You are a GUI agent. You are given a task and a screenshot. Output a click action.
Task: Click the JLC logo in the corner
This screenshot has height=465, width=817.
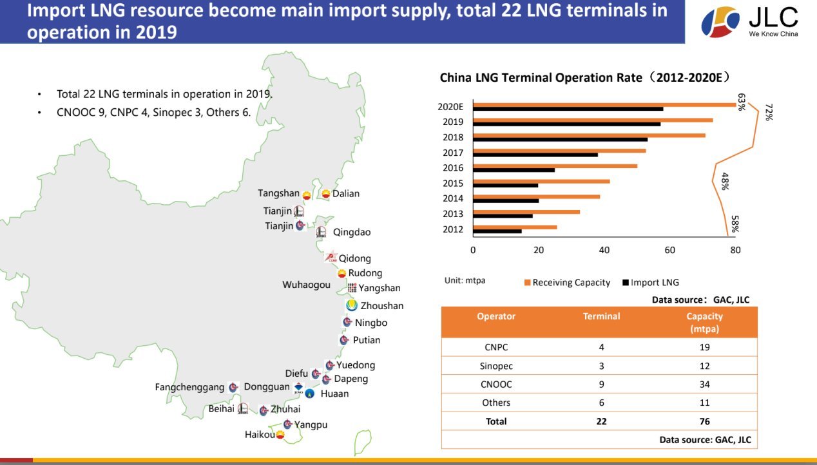click(749, 22)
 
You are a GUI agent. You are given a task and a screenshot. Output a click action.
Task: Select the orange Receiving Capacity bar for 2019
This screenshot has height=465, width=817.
click(593, 120)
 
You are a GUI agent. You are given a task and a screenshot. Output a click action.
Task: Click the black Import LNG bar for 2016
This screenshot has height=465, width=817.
click(514, 170)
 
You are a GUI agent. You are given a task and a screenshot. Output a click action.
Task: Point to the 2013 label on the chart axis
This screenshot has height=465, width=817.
click(452, 214)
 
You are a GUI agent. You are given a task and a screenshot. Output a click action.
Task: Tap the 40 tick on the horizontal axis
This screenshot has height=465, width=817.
click(604, 250)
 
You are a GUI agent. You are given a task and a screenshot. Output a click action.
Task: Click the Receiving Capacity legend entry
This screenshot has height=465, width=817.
click(567, 283)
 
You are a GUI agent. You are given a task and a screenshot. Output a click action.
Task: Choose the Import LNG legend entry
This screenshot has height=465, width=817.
click(651, 283)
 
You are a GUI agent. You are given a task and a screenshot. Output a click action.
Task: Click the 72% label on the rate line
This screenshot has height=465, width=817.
click(769, 112)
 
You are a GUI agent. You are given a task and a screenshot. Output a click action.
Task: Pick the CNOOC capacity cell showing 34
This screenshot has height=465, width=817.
click(704, 384)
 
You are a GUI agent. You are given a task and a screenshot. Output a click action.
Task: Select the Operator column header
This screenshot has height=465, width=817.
click(496, 316)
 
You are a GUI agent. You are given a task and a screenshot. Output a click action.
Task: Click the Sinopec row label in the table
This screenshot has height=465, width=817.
click(496, 366)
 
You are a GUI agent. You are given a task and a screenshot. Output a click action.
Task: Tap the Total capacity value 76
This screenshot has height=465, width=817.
click(704, 421)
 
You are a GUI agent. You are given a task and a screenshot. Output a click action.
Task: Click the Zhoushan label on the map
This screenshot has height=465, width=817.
click(382, 306)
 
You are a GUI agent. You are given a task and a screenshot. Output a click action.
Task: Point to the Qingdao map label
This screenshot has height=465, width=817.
click(352, 232)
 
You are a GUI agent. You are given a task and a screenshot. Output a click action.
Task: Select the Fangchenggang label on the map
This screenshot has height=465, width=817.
click(189, 387)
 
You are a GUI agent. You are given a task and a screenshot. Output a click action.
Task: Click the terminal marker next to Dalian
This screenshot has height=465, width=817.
click(326, 194)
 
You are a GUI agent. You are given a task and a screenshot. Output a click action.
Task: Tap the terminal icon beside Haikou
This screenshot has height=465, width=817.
click(280, 434)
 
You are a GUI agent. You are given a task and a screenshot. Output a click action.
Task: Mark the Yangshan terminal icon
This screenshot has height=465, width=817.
click(352, 288)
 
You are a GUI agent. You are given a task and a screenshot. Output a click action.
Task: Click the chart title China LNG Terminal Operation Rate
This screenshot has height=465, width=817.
click(541, 78)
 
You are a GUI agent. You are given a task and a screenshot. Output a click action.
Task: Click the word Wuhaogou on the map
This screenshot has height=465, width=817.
click(307, 285)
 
